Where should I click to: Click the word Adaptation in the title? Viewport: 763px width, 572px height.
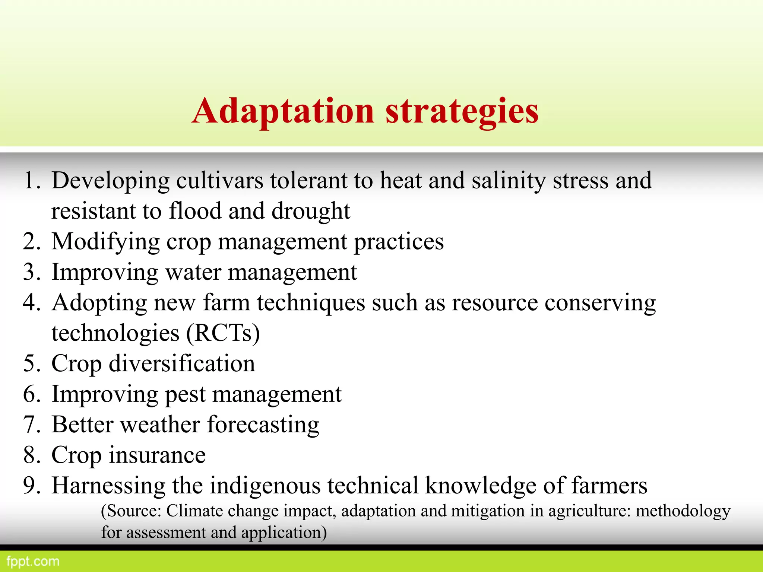click(283, 111)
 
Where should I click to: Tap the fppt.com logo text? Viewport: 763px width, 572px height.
click(33, 561)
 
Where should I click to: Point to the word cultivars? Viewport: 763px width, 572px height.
click(220, 181)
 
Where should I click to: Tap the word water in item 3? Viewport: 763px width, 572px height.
click(193, 272)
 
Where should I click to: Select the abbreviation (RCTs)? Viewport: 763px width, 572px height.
click(222, 333)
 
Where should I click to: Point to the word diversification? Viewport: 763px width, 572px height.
click(182, 364)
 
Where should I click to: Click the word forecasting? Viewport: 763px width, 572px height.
click(263, 425)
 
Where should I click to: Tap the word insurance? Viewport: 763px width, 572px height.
click(157, 455)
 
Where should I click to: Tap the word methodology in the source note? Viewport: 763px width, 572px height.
click(683, 511)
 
